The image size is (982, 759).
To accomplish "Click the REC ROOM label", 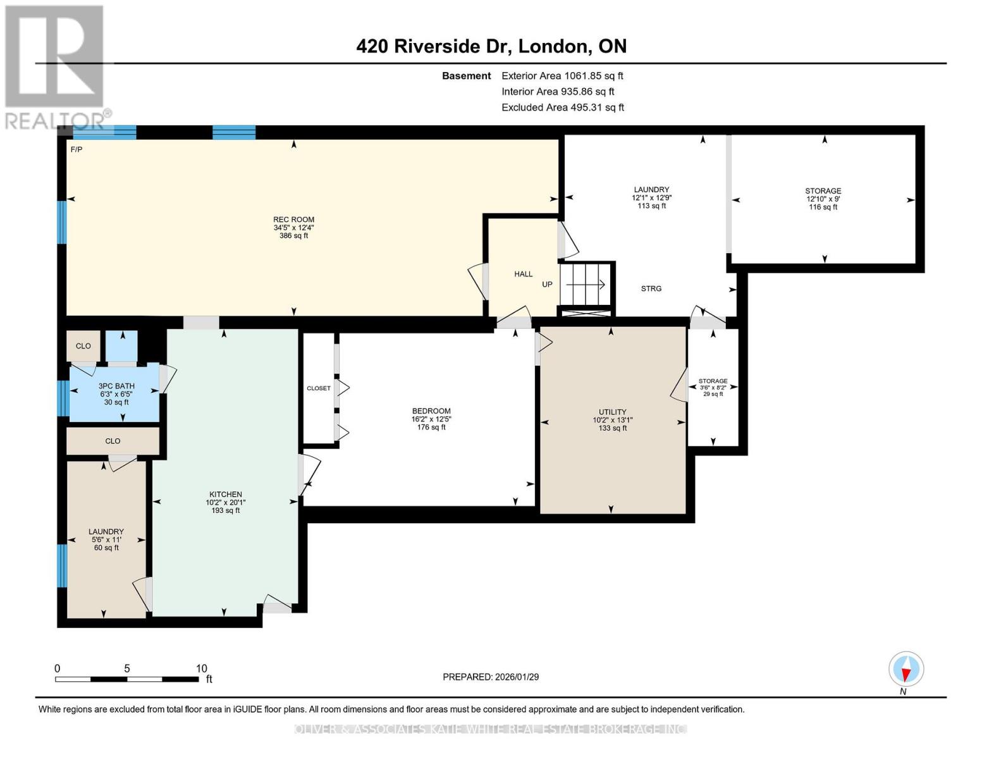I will pyautogui.click(x=293, y=220).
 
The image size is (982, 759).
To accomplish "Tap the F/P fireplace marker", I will pyautogui.click(x=76, y=150).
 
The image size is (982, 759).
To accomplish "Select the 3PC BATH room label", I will pyautogui.click(x=116, y=386).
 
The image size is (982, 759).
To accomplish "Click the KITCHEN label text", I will pyautogui.click(x=226, y=495).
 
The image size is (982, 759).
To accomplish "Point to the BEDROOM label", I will pyautogui.click(x=431, y=411).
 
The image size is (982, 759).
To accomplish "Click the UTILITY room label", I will pyautogui.click(x=612, y=412).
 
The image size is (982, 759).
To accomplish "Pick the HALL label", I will pyautogui.click(x=523, y=274).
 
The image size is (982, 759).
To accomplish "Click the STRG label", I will pyautogui.click(x=651, y=288).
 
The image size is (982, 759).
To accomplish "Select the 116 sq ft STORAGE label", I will pyautogui.click(x=823, y=191).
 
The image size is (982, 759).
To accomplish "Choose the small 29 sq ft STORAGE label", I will pyautogui.click(x=713, y=381).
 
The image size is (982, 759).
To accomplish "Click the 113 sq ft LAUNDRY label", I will pyautogui.click(x=651, y=190).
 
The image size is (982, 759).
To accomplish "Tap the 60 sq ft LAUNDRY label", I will pyautogui.click(x=106, y=532).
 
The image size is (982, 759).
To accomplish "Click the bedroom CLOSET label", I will pyautogui.click(x=318, y=388).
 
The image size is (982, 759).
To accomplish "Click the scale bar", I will pyautogui.click(x=126, y=679).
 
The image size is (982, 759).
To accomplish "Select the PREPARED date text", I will pyautogui.click(x=490, y=677).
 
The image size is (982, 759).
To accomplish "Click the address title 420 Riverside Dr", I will pyautogui.click(x=491, y=46).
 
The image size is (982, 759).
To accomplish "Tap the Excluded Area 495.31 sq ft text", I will pyautogui.click(x=562, y=108).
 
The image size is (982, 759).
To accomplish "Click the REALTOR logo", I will pyautogui.click(x=56, y=66).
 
